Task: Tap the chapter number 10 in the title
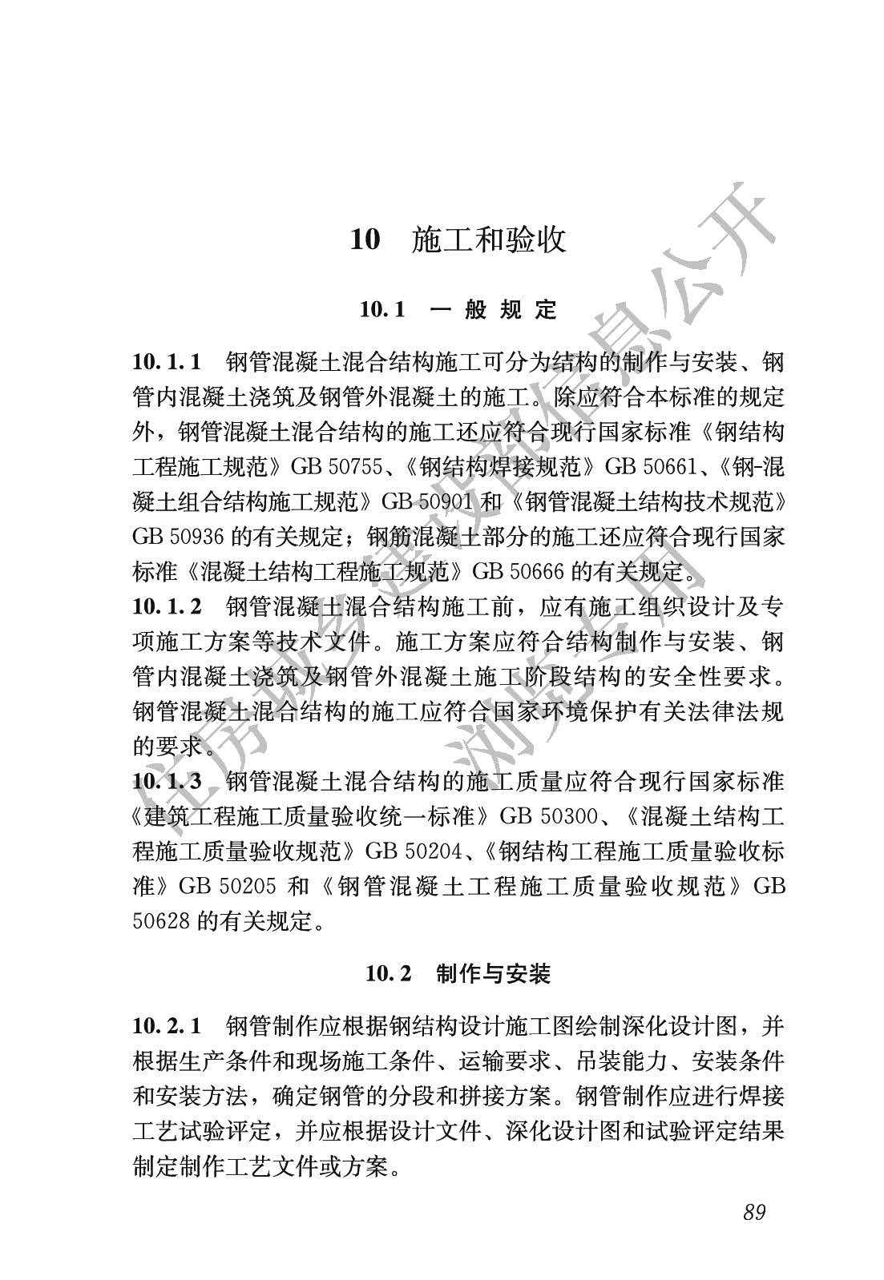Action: [x=365, y=239]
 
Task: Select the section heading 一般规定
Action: [x=493, y=310]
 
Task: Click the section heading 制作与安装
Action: [x=493, y=973]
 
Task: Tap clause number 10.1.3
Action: [x=167, y=781]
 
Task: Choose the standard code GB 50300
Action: [x=548, y=816]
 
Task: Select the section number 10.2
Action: [x=389, y=973]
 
